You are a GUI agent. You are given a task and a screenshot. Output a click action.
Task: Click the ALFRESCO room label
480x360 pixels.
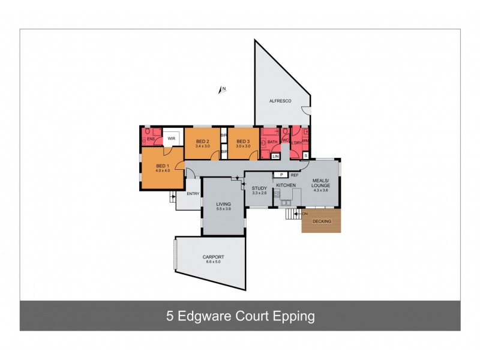click(280, 101)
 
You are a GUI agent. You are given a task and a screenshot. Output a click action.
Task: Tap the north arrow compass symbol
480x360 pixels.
click(221, 90)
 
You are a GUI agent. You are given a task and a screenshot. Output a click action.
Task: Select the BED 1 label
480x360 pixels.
click(163, 166)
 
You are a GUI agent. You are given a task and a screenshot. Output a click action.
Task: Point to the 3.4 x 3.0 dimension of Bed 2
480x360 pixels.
click(203, 146)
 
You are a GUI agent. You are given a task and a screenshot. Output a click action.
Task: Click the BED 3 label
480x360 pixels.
click(243, 142)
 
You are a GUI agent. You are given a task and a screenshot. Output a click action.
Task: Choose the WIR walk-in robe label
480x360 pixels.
click(171, 139)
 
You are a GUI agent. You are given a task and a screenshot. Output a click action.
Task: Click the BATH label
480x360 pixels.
click(272, 142)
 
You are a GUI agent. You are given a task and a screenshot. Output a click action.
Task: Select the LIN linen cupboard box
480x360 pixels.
click(275, 157)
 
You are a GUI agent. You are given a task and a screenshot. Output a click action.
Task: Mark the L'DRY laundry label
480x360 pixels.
click(297, 142)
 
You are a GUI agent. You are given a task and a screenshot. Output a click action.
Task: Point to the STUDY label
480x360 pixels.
click(259, 188)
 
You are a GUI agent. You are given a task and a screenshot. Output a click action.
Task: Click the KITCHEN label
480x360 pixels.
click(286, 186)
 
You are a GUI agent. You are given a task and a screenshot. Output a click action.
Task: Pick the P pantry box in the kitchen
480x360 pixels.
click(281, 174)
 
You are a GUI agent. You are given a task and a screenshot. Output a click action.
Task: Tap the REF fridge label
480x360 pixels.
click(295, 175)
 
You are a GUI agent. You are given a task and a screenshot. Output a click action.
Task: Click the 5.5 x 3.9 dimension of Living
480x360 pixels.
click(223, 210)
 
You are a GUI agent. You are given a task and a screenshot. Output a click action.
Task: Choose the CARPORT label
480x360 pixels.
click(213, 257)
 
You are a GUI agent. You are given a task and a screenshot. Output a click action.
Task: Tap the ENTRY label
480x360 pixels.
click(193, 193)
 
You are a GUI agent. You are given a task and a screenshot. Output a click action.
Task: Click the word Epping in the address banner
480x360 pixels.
click(294, 316)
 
